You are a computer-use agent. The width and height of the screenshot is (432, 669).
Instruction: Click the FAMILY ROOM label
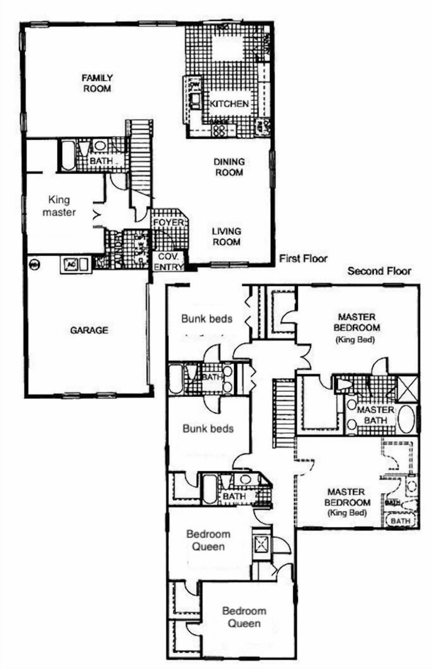97,83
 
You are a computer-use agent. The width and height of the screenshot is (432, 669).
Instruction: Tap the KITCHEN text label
229,104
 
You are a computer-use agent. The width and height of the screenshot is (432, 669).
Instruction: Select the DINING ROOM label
229,167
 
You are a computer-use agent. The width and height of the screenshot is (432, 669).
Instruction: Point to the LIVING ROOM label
226,237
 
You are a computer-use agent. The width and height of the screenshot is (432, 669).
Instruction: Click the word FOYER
168,223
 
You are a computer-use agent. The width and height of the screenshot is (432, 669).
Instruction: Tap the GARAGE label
89,330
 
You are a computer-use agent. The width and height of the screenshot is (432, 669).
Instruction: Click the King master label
59,206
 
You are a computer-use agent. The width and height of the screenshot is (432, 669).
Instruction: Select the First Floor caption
303,259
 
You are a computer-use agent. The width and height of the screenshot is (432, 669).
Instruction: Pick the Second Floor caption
379,271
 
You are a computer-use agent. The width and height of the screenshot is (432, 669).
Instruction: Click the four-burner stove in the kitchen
219,130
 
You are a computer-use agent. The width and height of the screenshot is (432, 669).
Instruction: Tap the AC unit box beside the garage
71,265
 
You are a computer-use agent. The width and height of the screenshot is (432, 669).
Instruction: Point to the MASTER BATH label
375,415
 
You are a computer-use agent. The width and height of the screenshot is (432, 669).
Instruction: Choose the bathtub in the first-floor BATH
68,155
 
